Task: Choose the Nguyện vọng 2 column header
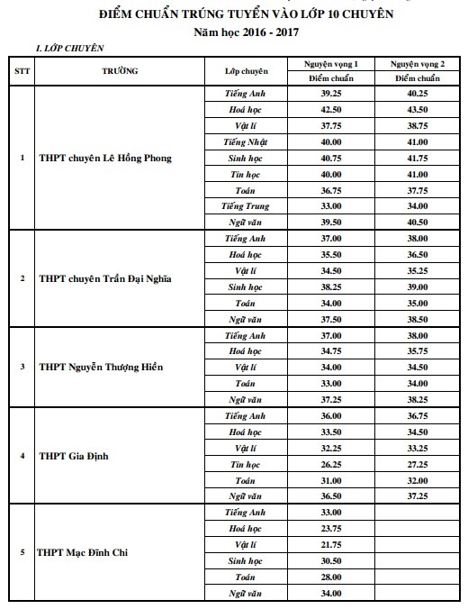[x=417, y=65]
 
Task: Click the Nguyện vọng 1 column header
[x=330, y=65]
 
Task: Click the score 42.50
[x=330, y=109]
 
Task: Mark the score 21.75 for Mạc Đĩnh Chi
[x=330, y=544]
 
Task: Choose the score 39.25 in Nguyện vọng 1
[x=330, y=93]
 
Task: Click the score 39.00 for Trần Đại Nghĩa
[x=417, y=286]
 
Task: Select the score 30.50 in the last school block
[x=330, y=560]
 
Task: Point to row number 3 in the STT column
[x=21, y=367]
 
